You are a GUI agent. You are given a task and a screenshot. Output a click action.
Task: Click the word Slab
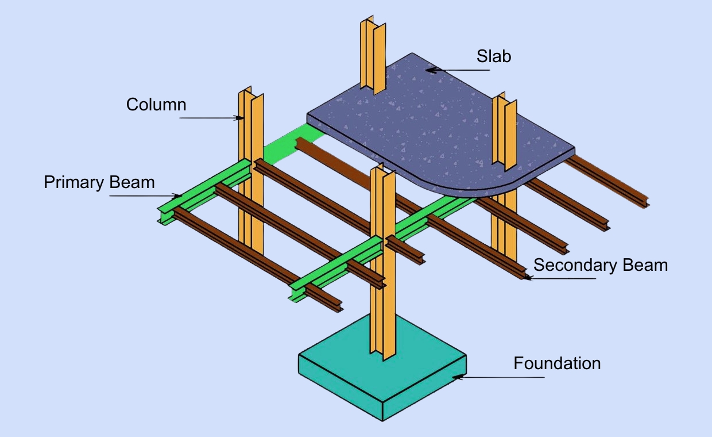tap(494, 56)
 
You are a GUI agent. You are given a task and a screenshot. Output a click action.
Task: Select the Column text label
tap(156, 105)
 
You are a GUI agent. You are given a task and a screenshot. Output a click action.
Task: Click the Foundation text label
tap(557, 363)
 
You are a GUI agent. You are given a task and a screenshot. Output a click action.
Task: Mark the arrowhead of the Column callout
tap(241, 118)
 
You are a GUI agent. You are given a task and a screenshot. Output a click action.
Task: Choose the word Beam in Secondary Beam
tap(644, 265)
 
